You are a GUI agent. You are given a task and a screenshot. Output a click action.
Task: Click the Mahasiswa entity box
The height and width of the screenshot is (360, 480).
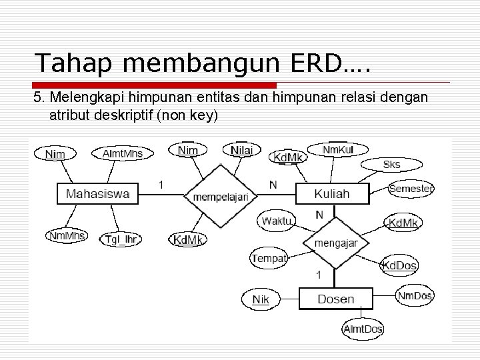[97, 194]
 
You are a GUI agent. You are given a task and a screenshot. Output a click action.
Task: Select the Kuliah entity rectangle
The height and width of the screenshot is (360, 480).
[331, 194]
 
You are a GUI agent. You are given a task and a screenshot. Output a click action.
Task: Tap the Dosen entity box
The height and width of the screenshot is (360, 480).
[335, 299]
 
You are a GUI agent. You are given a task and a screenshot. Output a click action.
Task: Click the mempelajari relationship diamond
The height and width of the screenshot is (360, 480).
[221, 196]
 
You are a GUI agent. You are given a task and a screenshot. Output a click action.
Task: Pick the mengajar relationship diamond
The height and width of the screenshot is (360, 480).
[335, 243]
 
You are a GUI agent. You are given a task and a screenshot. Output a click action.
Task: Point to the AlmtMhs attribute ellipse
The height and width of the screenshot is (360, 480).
[122, 153]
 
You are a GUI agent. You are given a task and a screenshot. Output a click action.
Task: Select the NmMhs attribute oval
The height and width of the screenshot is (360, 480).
[66, 235]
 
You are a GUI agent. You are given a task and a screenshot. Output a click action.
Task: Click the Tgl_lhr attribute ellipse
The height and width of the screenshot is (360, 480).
[121, 239]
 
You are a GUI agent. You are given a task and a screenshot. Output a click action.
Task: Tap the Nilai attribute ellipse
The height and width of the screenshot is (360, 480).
[241, 151]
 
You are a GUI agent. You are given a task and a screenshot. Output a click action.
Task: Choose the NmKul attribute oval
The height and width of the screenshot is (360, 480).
[338, 149]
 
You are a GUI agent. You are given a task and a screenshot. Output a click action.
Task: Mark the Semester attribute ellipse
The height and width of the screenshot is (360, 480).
[411, 189]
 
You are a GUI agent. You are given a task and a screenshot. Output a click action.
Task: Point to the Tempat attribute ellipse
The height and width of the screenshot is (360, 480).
[269, 257]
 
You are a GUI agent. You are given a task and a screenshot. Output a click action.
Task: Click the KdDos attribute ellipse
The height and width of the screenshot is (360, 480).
[399, 265]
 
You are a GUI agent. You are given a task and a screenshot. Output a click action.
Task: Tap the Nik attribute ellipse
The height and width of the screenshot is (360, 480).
[261, 299]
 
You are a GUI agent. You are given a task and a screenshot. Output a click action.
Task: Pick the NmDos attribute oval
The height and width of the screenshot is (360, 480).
[415, 295]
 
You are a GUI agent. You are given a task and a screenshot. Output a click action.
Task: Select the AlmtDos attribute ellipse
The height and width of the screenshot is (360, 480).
[363, 329]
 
